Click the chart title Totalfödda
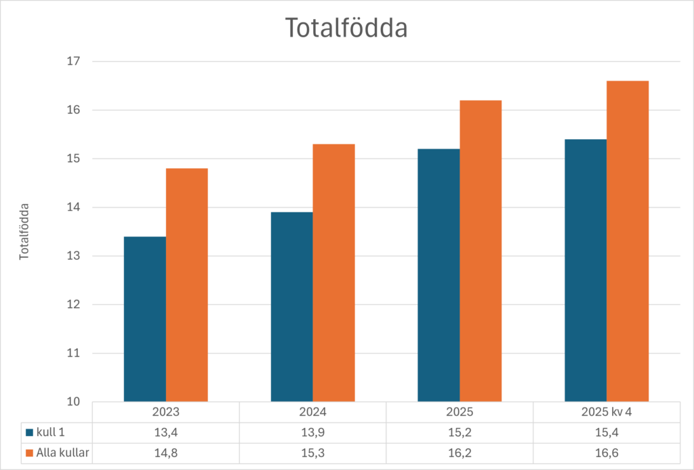click(x=346, y=28)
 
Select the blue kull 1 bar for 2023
click(x=144, y=319)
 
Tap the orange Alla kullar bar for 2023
click(x=186, y=285)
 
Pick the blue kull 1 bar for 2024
click(x=291, y=307)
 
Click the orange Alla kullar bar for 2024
click(x=333, y=273)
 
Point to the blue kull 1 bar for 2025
click(x=438, y=275)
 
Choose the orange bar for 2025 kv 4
click(x=628, y=241)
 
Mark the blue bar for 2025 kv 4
click(x=586, y=270)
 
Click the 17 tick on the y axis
click(x=74, y=62)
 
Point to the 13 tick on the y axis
click(x=74, y=256)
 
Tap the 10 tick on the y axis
click(x=74, y=402)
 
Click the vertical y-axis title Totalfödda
click(x=24, y=231)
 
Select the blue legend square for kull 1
click(x=29, y=432)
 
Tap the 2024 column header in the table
click(x=312, y=412)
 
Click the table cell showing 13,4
click(x=165, y=432)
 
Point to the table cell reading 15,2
click(x=460, y=432)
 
